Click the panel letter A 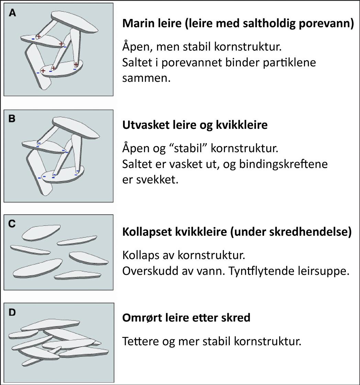click(12, 13)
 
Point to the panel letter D click(12, 313)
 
